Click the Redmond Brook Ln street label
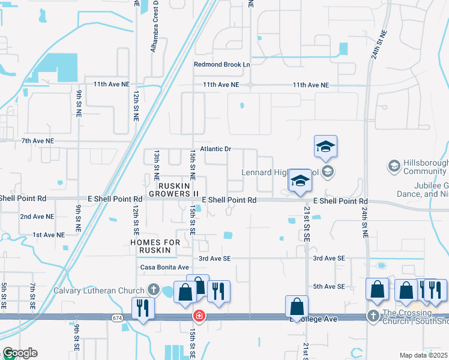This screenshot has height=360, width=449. tap(221, 64)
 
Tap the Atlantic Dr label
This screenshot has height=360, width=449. tap(215, 148)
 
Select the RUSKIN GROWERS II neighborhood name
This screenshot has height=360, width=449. tap(173, 190)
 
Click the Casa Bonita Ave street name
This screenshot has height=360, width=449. tap(164, 267)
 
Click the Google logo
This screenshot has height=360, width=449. tap(20, 353)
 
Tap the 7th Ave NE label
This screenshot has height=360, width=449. tap(37, 140)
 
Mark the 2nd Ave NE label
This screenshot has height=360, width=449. tap(37, 216)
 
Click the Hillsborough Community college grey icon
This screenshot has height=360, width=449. tap(394, 165)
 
